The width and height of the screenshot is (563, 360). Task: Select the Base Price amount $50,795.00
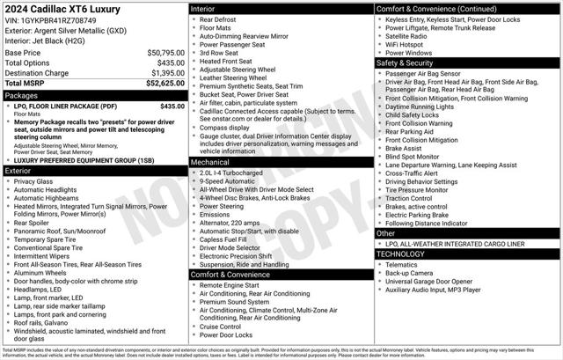click(165, 53)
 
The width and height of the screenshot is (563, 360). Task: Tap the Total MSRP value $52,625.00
click(165, 83)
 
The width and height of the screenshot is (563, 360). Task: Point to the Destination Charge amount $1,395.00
click(166, 72)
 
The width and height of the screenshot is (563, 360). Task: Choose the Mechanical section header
click(210, 162)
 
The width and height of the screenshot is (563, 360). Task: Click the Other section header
click(386, 233)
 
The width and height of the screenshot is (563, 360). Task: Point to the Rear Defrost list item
click(220, 18)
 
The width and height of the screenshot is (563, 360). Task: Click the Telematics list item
click(402, 264)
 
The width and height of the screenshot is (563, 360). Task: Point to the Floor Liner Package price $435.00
click(172, 106)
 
